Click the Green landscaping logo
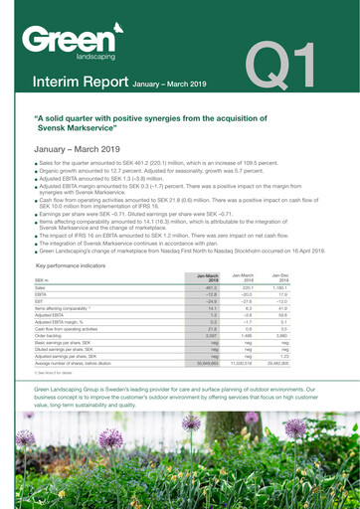coord(63,45)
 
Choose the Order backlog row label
coord(51,336)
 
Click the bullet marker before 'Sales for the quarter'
coord(36,161)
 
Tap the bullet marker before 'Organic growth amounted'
coord(36,170)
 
